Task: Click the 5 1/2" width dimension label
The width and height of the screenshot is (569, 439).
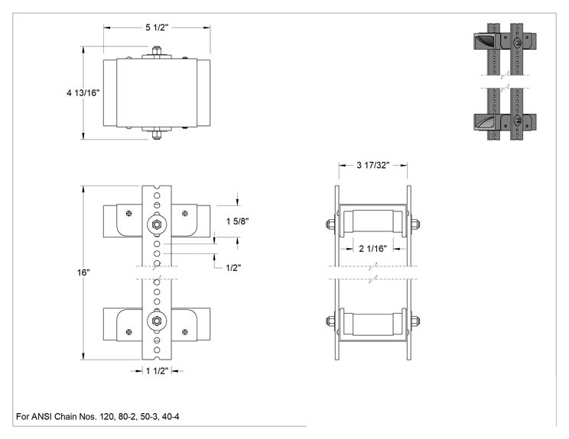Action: [x=157, y=27]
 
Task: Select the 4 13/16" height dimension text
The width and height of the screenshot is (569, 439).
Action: [x=83, y=92]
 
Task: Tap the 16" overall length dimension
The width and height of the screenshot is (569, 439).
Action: [x=83, y=273]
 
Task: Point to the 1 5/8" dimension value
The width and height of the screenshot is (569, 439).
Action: [x=238, y=221]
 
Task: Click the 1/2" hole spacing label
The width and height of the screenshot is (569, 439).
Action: [x=234, y=268]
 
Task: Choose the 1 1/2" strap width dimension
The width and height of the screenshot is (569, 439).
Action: [x=157, y=371]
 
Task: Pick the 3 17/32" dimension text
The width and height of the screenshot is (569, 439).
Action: [x=373, y=165]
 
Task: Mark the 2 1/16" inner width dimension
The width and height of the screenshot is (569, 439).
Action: [x=373, y=248]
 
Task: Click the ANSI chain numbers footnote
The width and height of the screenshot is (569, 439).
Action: [x=98, y=417]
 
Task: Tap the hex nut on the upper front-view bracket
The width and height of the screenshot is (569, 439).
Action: [x=157, y=224]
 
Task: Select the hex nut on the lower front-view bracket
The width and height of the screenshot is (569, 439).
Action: [x=157, y=321]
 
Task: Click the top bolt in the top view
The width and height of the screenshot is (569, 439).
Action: [x=157, y=50]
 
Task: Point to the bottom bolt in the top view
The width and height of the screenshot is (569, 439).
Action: [x=157, y=134]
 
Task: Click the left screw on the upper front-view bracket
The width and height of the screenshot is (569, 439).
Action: [x=128, y=213]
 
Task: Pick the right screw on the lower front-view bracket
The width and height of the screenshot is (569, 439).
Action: [x=185, y=332]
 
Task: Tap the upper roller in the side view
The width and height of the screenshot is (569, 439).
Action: [x=372, y=221]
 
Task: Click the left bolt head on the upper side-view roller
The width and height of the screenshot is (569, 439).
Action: [x=330, y=224]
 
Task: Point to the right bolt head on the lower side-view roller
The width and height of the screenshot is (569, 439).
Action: [x=416, y=321]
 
